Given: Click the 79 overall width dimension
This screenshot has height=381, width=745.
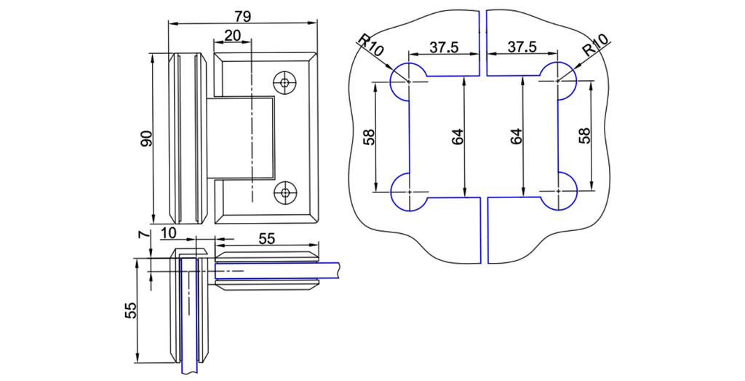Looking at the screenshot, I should [x=243, y=15].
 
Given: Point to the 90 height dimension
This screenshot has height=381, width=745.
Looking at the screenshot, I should [x=146, y=138].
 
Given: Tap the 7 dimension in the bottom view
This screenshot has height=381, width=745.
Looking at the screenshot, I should [x=143, y=235].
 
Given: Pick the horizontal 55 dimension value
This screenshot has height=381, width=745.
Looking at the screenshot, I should [x=267, y=237].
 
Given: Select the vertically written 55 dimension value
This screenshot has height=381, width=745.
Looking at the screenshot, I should [x=131, y=310].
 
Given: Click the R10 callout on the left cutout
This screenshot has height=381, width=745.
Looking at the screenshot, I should [x=370, y=47].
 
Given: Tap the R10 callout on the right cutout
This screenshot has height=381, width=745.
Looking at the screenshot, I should [x=595, y=47].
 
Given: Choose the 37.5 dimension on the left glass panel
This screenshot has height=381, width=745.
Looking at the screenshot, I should [x=443, y=47].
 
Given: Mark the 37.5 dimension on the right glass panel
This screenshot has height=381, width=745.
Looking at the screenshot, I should [x=522, y=47].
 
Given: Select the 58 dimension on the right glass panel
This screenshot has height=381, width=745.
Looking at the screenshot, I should [x=583, y=136].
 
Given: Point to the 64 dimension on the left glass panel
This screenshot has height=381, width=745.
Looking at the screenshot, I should [x=457, y=136].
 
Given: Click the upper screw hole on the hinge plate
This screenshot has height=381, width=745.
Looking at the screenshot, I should [x=284, y=82].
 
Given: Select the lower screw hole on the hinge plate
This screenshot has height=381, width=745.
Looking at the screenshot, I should [x=284, y=193].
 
